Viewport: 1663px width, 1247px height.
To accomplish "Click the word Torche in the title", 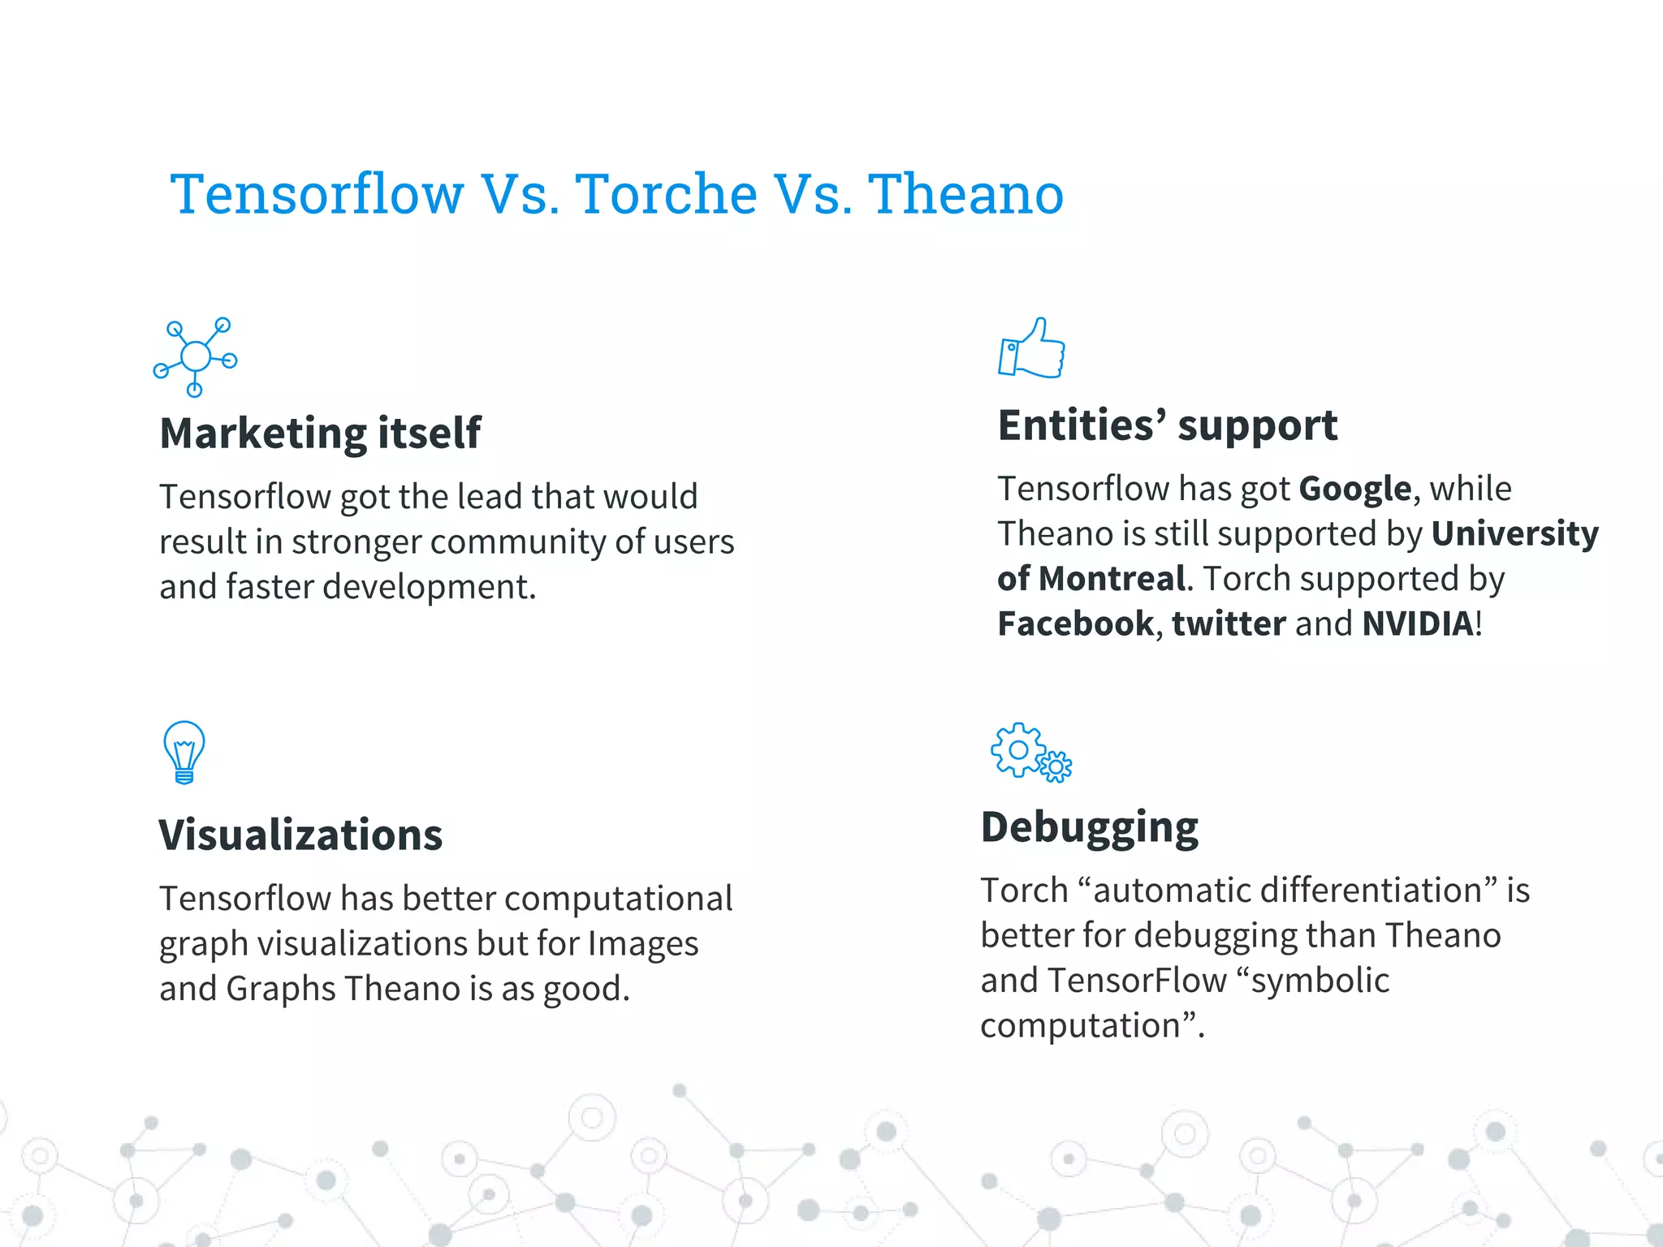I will (x=666, y=195).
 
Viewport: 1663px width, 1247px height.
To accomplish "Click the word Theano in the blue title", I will (x=965, y=195).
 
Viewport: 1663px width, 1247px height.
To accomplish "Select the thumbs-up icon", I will (x=1031, y=349).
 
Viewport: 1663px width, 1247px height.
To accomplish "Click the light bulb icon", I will (x=184, y=752).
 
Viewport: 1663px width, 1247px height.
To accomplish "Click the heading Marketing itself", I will (x=320, y=433).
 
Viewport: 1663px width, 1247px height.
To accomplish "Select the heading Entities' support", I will (x=1167, y=425).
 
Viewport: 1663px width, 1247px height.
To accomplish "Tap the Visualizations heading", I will (x=300, y=835).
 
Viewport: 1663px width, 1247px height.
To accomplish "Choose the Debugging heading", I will (x=1089, y=827).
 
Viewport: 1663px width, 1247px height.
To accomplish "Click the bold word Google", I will (x=1354, y=489).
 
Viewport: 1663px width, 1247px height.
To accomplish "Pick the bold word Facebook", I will (x=1075, y=623).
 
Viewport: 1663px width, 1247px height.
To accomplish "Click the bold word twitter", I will (x=1229, y=623).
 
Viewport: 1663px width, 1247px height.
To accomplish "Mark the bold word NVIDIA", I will (x=1417, y=623).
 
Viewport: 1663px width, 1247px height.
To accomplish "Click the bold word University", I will (x=1514, y=533).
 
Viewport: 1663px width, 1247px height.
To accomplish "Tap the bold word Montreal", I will (x=1112, y=579).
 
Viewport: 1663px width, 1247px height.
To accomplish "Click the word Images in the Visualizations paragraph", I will (x=642, y=943).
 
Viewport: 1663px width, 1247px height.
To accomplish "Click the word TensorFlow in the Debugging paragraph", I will (x=1137, y=981).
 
